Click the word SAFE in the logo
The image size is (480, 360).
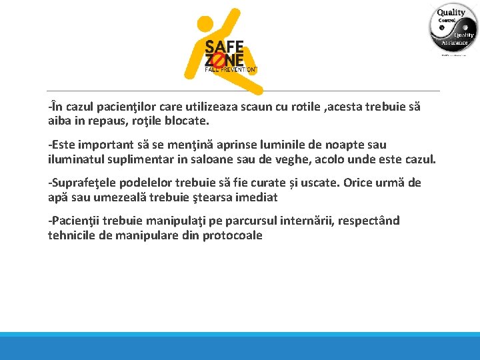(x=224, y=47)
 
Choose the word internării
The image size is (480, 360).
(x=307, y=221)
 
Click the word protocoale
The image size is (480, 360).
(x=232, y=235)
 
